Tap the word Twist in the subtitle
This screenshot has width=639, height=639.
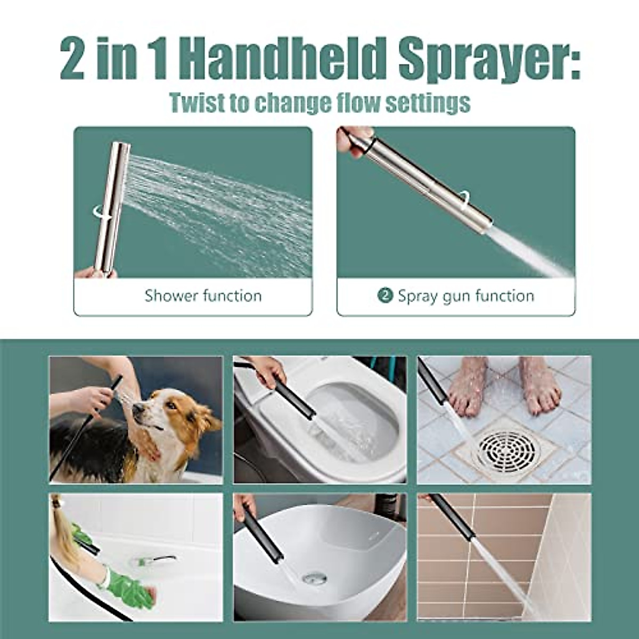(198, 102)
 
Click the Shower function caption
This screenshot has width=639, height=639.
(203, 296)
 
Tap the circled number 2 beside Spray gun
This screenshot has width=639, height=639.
(385, 296)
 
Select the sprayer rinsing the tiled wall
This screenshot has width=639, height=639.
(453, 517)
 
